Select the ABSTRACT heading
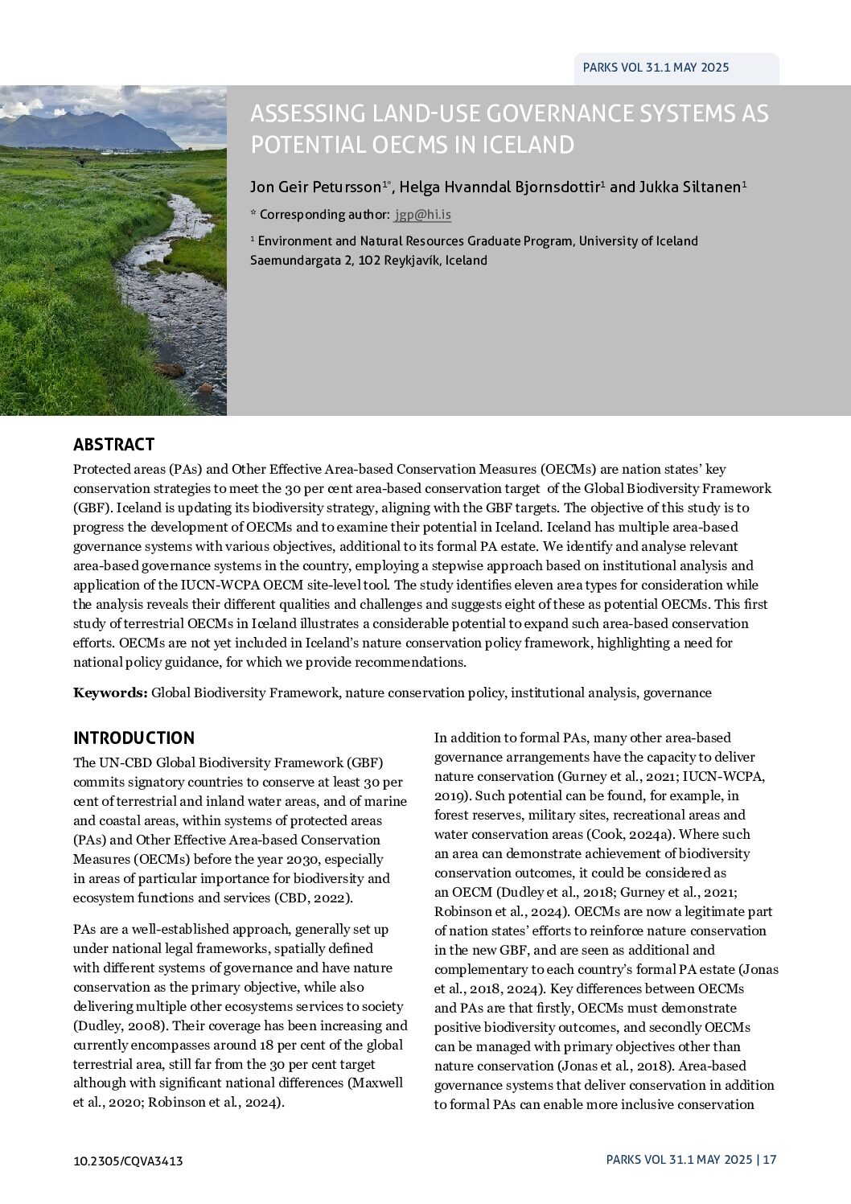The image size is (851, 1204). tap(113, 445)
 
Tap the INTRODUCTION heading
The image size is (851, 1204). tap(134, 738)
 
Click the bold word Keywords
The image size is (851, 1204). tap(110, 692)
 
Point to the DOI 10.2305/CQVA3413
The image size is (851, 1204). tap(128, 1161)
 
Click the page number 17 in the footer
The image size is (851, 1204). tap(770, 1160)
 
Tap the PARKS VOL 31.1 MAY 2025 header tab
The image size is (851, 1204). tap(656, 68)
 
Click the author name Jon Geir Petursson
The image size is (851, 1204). tap(316, 187)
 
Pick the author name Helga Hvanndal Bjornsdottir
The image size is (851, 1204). tap(499, 187)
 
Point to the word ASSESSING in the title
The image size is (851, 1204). tap(306, 113)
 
